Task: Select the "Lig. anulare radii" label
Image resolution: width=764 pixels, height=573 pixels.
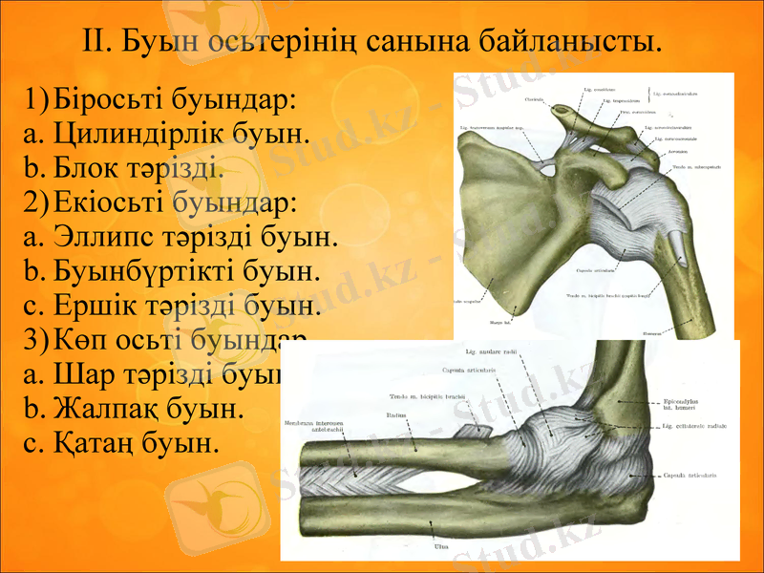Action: click(492, 351)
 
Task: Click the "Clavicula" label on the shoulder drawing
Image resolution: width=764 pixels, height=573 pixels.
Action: click(536, 99)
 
